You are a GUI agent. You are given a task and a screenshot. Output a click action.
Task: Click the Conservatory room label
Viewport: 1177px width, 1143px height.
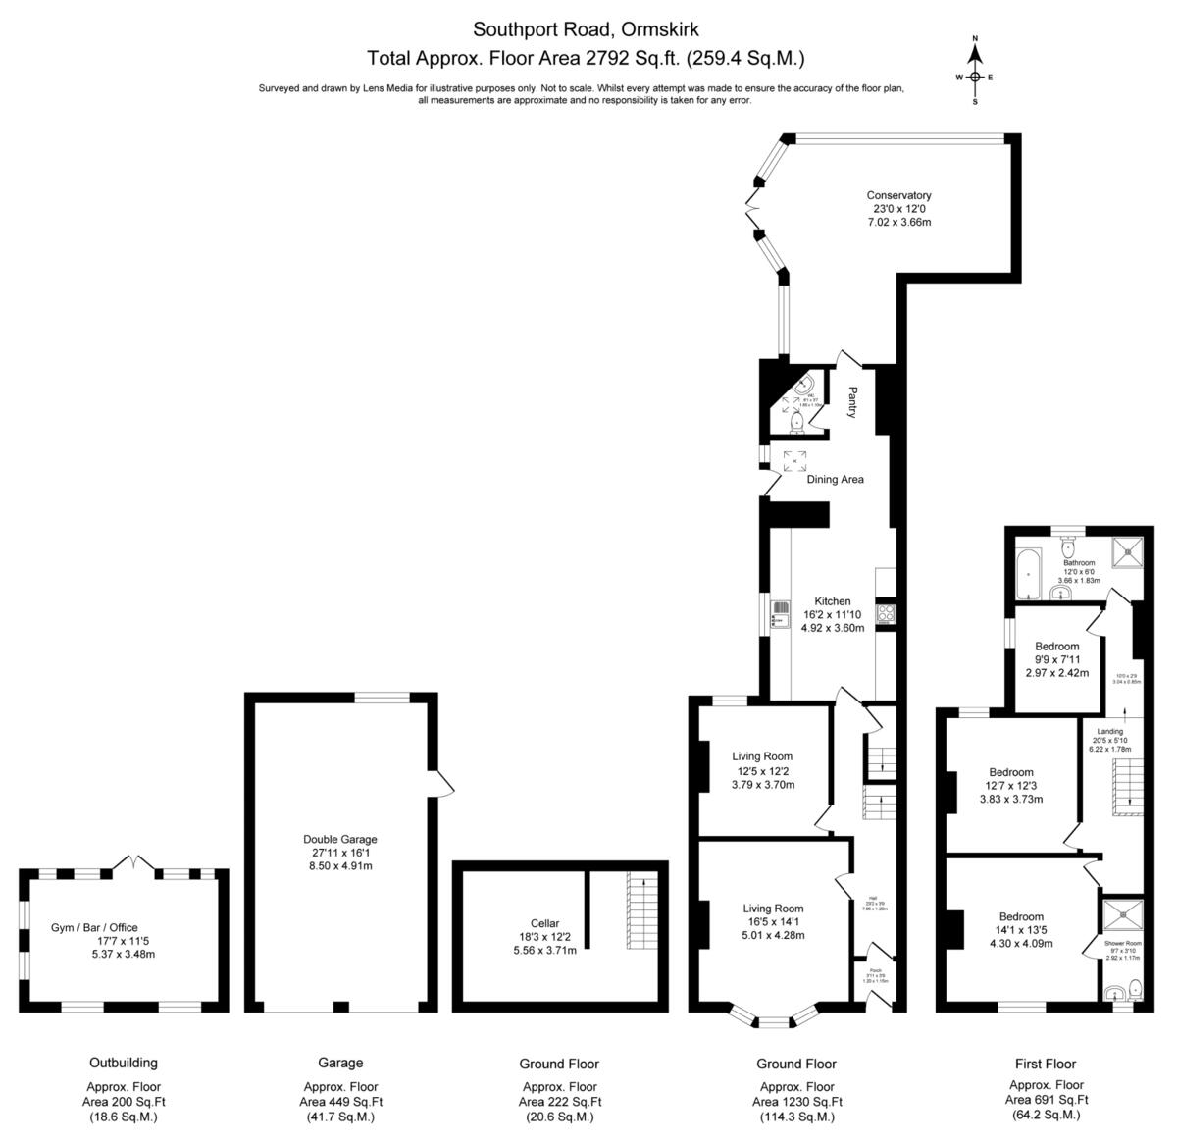897,195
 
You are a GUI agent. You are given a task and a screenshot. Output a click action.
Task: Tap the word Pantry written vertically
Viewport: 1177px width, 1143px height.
852,402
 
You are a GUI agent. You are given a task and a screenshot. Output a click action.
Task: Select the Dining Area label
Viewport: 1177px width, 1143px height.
835,479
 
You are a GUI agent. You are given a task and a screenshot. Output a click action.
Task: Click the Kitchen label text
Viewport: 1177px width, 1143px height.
833,601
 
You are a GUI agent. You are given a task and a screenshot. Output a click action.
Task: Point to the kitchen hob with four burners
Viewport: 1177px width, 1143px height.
886,614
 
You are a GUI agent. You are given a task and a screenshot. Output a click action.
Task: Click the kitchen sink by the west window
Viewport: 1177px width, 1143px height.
781,615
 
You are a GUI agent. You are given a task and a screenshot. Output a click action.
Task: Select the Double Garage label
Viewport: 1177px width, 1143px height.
339,839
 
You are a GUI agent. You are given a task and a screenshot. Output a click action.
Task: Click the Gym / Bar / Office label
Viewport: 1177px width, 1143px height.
94,927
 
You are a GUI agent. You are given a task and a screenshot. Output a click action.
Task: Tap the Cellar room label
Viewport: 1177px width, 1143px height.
544,923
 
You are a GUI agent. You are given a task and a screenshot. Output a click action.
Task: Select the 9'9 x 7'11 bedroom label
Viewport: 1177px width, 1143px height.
1056,647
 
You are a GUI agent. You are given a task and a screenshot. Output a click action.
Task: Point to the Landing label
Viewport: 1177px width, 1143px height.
1109,731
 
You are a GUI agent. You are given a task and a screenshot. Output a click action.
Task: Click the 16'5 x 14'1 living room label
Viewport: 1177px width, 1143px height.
773,909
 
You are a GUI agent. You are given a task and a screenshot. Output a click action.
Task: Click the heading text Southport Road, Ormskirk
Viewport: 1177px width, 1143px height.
587,29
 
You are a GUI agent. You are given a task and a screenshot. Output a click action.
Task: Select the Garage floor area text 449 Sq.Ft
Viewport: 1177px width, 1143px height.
340,1102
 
